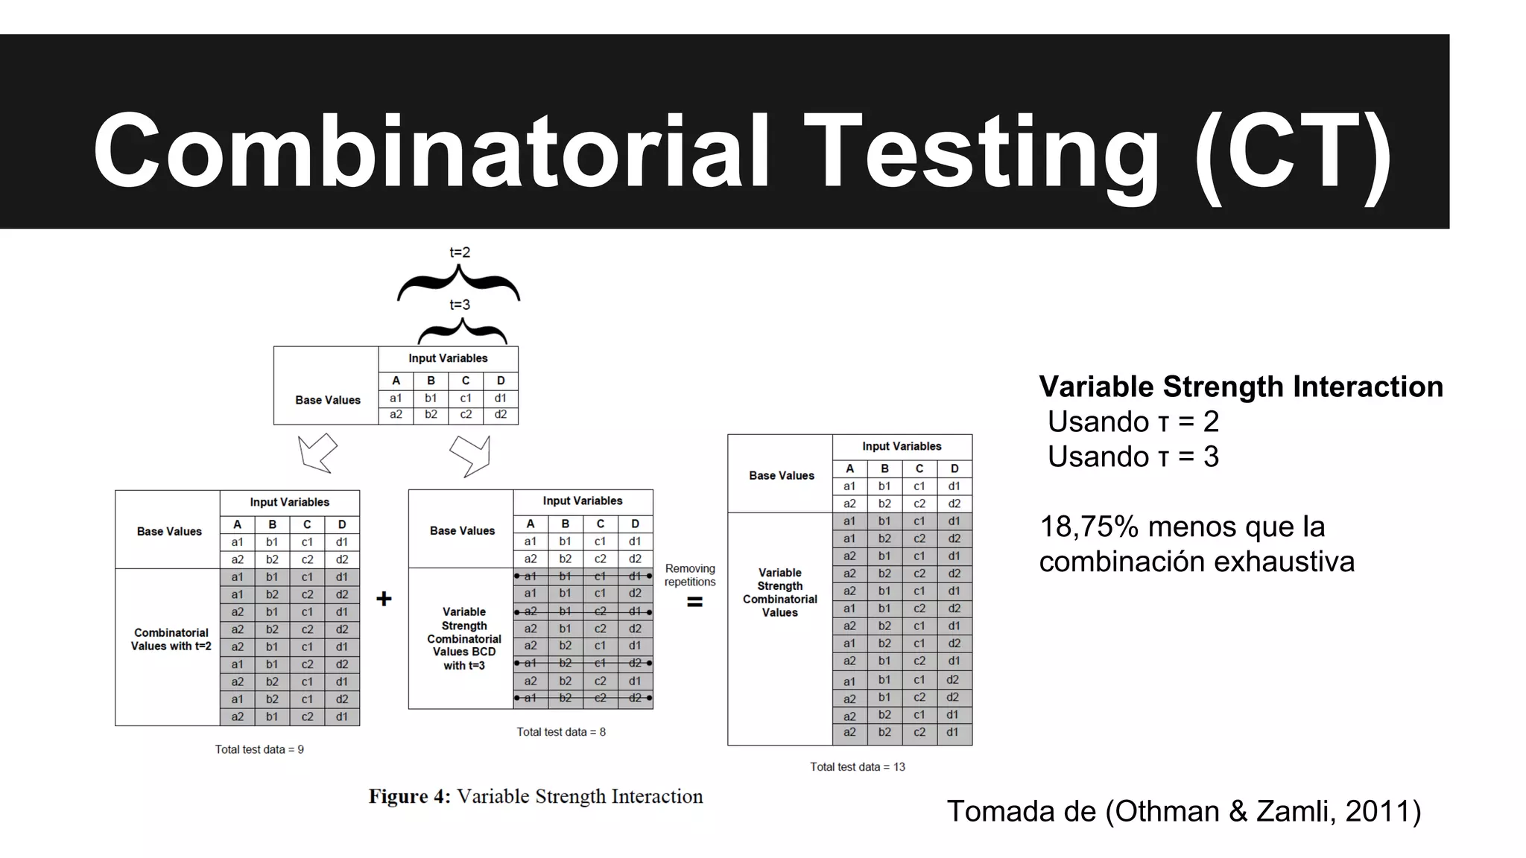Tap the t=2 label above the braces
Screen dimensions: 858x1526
click(x=460, y=252)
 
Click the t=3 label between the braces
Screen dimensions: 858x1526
click(x=460, y=305)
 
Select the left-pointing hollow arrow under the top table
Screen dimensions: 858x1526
click(x=317, y=452)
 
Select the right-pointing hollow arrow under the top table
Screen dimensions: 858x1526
click(x=471, y=454)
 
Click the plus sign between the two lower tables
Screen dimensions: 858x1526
click(x=384, y=599)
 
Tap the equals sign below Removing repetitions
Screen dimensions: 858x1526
click(x=694, y=603)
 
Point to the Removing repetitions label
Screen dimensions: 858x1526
click(x=690, y=575)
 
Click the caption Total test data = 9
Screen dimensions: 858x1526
click(x=259, y=749)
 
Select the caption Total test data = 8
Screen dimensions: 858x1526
click(x=561, y=732)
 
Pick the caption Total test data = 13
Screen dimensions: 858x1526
click(x=858, y=766)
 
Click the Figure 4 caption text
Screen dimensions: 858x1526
click(x=536, y=796)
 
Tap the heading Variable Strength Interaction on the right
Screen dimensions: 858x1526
click(x=1241, y=387)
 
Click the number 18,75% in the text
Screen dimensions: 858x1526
click(x=1089, y=527)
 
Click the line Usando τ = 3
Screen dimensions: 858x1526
click(x=1133, y=457)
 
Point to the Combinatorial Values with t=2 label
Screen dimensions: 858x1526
click(x=171, y=639)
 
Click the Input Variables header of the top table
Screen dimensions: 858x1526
click(x=448, y=358)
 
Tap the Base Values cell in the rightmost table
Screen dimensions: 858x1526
click(x=781, y=475)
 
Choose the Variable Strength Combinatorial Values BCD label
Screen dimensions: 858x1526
click(x=463, y=638)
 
